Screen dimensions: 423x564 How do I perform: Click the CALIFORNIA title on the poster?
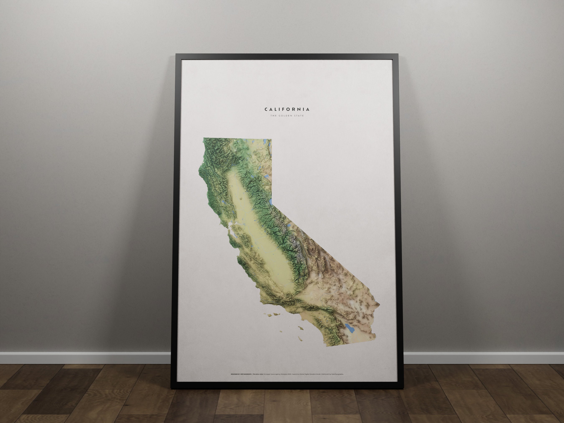[287, 109]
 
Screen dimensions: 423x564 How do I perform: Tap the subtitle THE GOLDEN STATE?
[287, 116]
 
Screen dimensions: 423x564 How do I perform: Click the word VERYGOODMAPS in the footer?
[244, 374]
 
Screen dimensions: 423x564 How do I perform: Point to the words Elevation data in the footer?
[258, 374]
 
